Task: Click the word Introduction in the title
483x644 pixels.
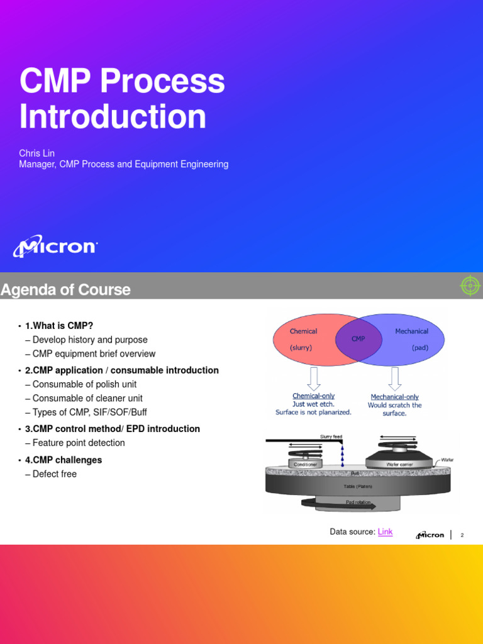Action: tap(113, 116)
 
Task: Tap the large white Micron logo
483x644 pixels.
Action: tap(55, 247)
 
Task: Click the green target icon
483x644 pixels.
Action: tap(470, 286)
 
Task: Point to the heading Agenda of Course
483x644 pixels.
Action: tap(65, 290)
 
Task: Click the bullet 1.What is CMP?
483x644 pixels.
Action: tap(59, 326)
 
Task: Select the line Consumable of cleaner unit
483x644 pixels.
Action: tap(87, 398)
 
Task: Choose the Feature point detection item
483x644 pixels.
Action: tap(79, 443)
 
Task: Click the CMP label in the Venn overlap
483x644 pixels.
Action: tap(358, 339)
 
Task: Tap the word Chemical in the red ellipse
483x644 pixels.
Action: tap(303, 331)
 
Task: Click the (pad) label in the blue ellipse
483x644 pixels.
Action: tap(420, 347)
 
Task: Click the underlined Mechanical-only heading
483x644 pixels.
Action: tap(395, 397)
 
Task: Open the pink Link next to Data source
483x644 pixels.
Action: tap(385, 532)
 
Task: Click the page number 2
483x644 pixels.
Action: tap(462, 535)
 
